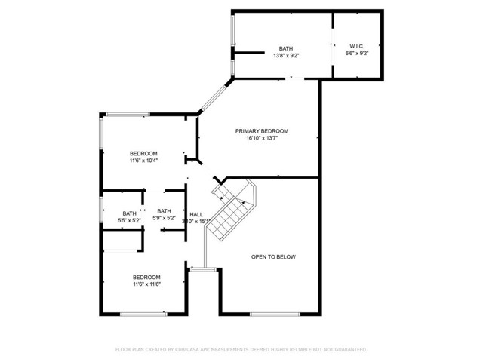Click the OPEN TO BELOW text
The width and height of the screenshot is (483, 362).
tap(273, 257)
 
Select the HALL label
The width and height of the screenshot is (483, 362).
tap(196, 214)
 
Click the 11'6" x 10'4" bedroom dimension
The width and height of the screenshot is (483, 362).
tap(143, 161)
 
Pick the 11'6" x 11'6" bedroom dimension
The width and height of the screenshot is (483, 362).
tap(146, 284)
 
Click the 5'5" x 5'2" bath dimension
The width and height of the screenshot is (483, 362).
tap(131, 219)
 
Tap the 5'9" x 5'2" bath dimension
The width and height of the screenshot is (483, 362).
tap(165, 219)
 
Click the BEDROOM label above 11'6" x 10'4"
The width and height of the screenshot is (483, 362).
tap(143, 153)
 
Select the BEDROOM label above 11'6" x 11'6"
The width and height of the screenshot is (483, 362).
tap(146, 277)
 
